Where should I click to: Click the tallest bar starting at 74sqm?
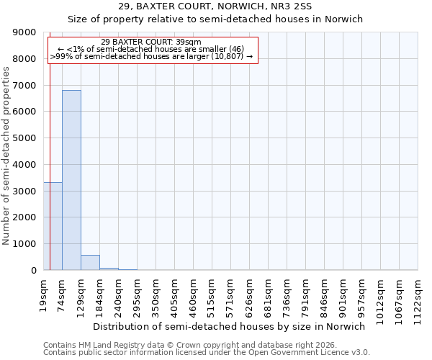pos(71,180)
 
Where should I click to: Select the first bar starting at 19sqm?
pos(53,226)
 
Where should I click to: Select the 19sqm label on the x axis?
pos(43,290)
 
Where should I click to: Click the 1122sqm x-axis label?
pos(418,295)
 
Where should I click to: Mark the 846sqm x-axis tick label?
pos(324,292)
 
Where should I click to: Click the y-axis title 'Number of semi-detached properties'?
pos(7,151)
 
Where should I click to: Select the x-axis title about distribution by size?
pos(229,326)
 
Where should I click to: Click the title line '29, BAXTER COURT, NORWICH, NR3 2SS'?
pos(215,6)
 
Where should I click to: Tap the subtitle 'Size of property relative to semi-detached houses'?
pos(215,19)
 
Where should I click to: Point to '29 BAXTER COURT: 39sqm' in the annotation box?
pos(151,42)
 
